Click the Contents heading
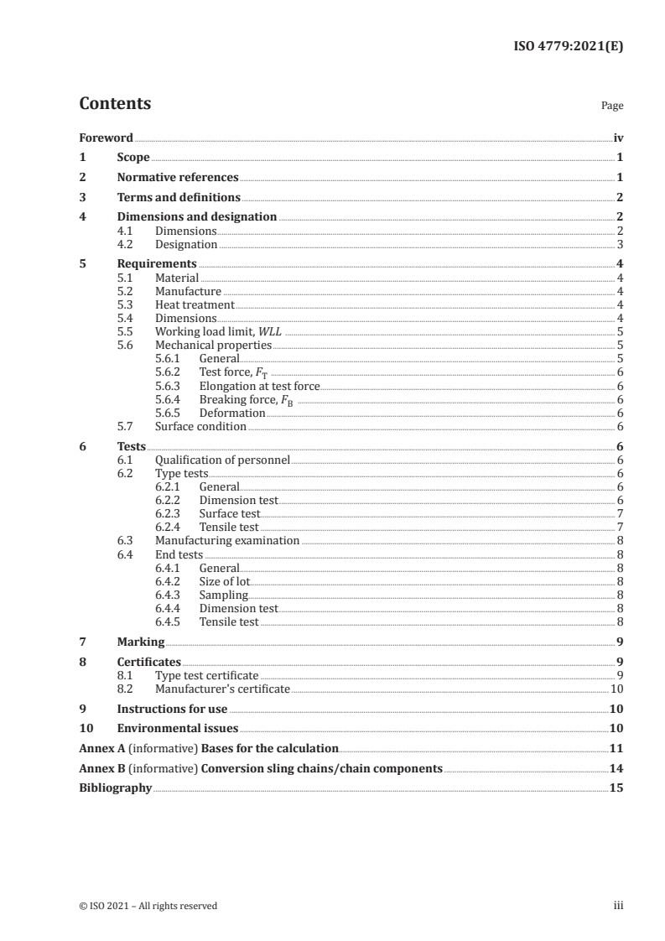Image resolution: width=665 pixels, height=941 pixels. tap(115, 104)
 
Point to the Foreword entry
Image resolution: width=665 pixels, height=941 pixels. tap(106, 138)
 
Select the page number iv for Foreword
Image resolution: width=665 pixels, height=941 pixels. tap(618, 138)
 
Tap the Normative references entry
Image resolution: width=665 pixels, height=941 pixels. tap(178, 178)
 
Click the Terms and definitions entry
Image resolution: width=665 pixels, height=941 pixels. tap(179, 198)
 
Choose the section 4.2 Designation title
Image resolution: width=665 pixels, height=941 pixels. tap(186, 245)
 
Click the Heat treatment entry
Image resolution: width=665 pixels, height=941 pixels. tap(195, 304)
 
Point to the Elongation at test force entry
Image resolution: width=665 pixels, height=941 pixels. tap(260, 386)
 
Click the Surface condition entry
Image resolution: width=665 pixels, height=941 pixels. tap(200, 426)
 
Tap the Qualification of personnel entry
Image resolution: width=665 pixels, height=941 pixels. tap(222, 460)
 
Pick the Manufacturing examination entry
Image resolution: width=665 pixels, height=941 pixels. tap(227, 541)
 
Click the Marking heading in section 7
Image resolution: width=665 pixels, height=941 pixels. tap(141, 642)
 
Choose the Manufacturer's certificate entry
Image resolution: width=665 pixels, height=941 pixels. tap(222, 689)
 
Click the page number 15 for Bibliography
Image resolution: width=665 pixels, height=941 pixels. tap(617, 788)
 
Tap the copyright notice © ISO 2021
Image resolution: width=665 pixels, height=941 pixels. tap(148, 906)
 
